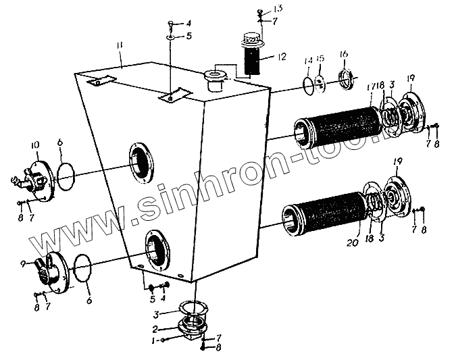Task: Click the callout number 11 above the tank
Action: [119, 45]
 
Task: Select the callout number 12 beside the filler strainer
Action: [281, 57]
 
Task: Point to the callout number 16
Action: [343, 54]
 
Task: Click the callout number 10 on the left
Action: [36, 145]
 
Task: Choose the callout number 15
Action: [321, 59]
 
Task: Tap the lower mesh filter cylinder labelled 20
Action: [324, 209]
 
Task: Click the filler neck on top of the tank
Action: [216, 78]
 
